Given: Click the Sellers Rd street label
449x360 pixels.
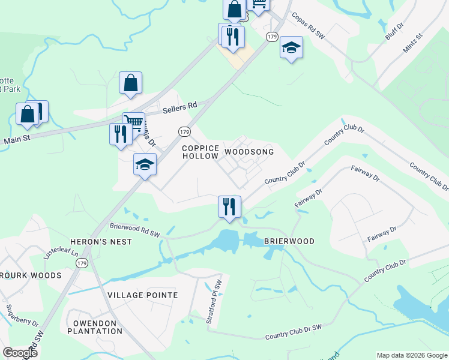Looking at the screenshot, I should coord(180,106).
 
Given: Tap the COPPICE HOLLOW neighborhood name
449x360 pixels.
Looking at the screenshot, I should coord(200,152).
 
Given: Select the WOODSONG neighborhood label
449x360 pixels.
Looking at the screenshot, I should coord(249,152).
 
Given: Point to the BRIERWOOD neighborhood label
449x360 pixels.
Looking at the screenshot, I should coord(289,241).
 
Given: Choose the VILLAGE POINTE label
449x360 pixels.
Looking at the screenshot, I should coord(142,295).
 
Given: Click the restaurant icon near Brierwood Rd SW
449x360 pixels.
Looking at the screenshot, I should coord(229,206).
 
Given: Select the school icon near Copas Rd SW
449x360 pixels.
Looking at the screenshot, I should coord(291,47).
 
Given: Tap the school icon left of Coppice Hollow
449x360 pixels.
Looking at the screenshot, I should coord(145,164).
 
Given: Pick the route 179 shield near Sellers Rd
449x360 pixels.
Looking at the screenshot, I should coord(184,131).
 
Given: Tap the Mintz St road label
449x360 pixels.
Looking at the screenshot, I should coord(412,44).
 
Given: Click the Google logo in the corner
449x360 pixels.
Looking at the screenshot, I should coord(20,352).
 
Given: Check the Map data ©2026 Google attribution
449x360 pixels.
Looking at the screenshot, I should coord(411,355).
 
